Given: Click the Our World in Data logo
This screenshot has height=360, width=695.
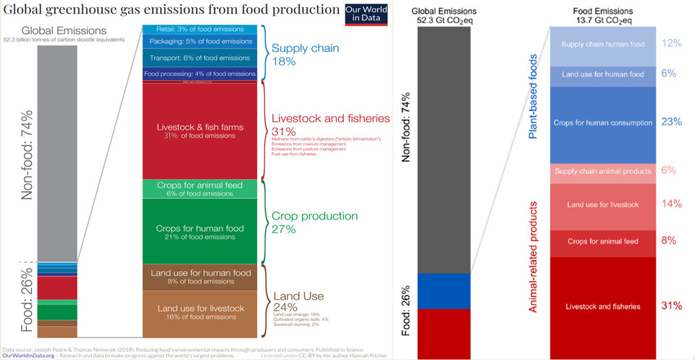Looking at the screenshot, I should click(362, 14).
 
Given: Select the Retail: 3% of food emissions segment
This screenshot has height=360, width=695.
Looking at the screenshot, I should click(199, 29).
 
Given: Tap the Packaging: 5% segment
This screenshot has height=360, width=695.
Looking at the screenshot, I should click(199, 42).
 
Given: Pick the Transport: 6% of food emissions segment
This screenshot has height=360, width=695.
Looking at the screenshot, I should click(199, 57).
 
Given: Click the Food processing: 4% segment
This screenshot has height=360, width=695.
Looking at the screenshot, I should click(199, 73).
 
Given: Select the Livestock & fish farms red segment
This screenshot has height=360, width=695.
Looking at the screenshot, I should click(199, 130).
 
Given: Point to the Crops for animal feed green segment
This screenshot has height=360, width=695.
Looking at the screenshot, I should click(199, 189).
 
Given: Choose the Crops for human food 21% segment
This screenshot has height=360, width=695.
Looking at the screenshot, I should click(199, 232).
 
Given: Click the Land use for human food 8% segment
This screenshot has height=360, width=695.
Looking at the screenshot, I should click(199, 277).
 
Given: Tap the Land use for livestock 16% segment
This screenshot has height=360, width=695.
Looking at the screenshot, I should click(199, 313).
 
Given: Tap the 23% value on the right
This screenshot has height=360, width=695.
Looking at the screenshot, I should click(671, 122).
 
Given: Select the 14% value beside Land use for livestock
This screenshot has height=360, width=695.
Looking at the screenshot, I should click(671, 204).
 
